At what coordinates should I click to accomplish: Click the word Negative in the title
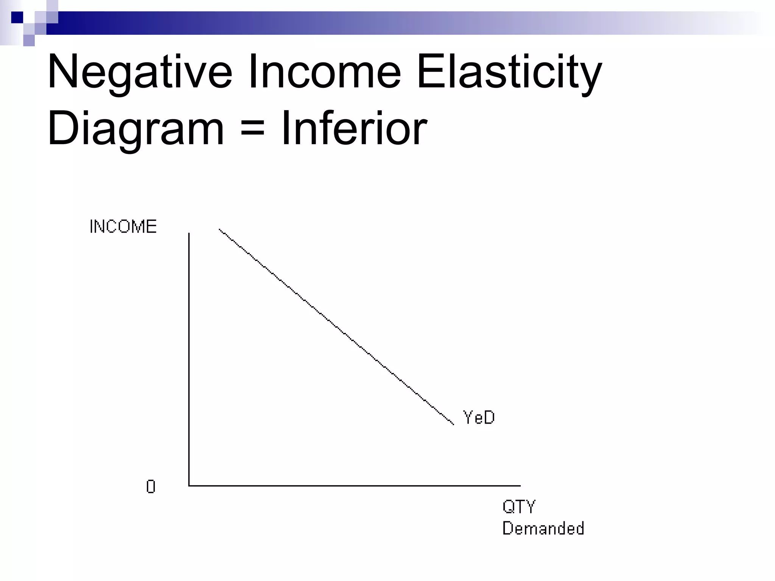coord(139,72)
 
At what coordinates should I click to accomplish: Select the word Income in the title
coord(324,72)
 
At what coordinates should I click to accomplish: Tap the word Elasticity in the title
coord(509,72)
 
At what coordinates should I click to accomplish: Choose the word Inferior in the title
coord(354,128)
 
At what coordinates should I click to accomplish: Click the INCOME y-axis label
coord(123,227)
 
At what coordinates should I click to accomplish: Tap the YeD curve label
coord(479,418)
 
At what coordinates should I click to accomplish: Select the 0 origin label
coord(151,487)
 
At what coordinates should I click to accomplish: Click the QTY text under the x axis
coord(519,507)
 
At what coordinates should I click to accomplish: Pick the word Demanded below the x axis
coord(543,528)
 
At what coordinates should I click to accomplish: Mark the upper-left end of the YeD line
coord(219,229)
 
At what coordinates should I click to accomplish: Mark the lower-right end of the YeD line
coord(453,424)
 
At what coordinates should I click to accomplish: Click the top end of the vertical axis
coord(189,234)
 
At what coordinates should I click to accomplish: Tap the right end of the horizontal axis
coord(520,485)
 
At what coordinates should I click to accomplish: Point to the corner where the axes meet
coord(189,485)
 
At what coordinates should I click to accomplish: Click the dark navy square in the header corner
coord(17,17)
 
